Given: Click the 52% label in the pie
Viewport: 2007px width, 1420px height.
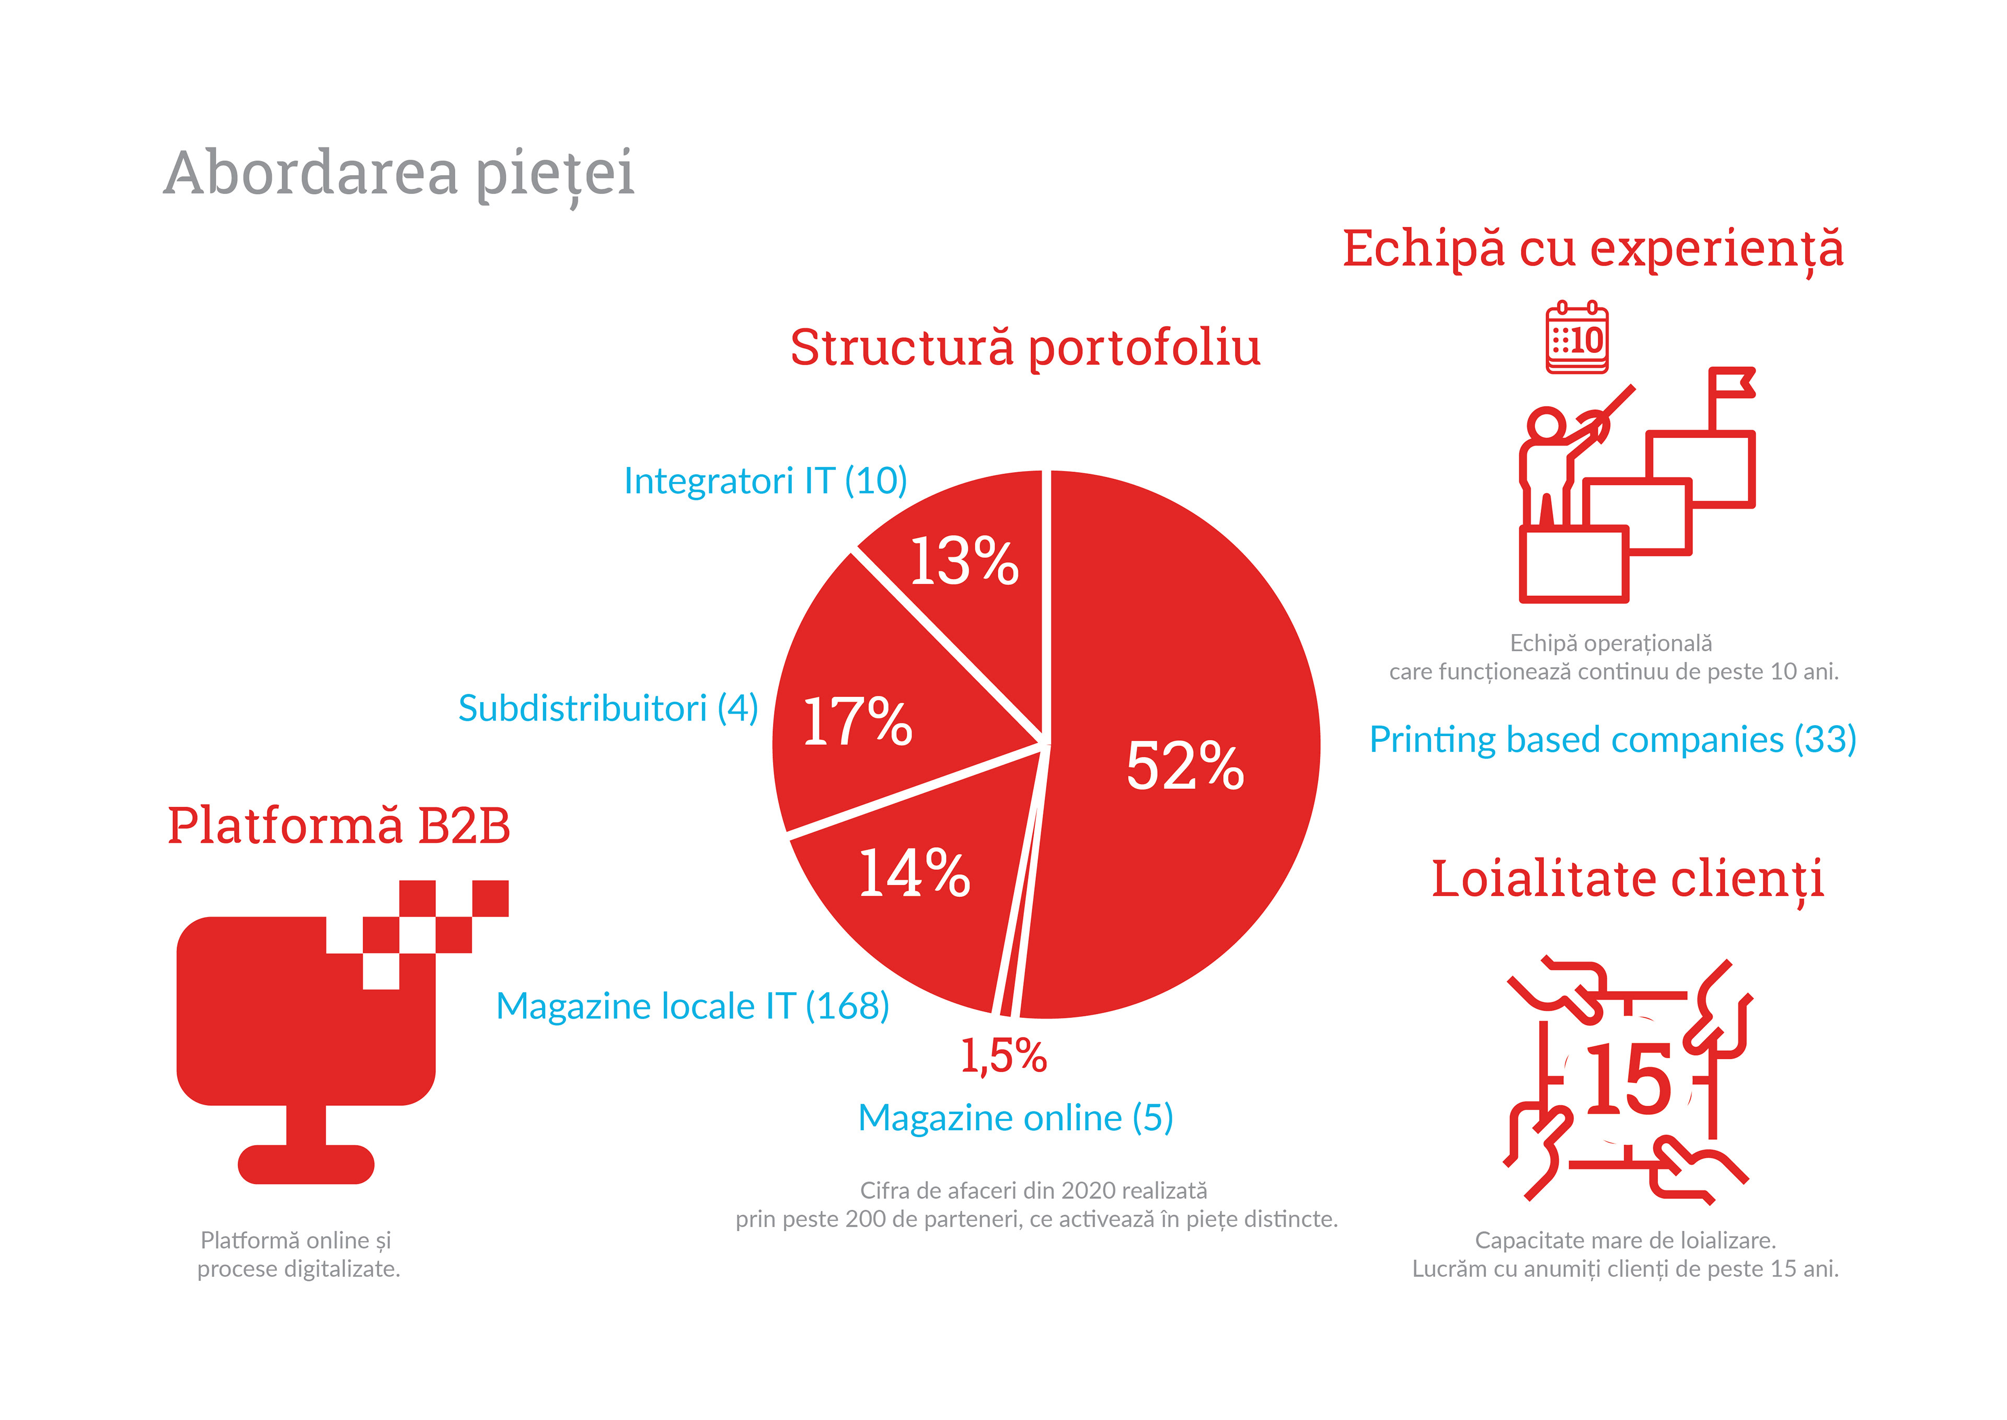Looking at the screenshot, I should (1184, 766).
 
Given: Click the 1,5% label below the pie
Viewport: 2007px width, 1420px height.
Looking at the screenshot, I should (1004, 1056).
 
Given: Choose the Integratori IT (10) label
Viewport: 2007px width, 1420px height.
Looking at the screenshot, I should (765, 481).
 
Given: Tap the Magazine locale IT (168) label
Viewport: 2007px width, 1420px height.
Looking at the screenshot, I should (693, 1006).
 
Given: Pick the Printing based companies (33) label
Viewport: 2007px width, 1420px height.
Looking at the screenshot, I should (1612, 740).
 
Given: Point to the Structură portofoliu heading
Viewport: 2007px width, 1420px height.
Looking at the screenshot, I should (1025, 347).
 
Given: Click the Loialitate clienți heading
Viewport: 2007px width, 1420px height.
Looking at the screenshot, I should (1627, 879).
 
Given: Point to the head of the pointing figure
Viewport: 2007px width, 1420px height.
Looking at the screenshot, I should (1547, 425).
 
